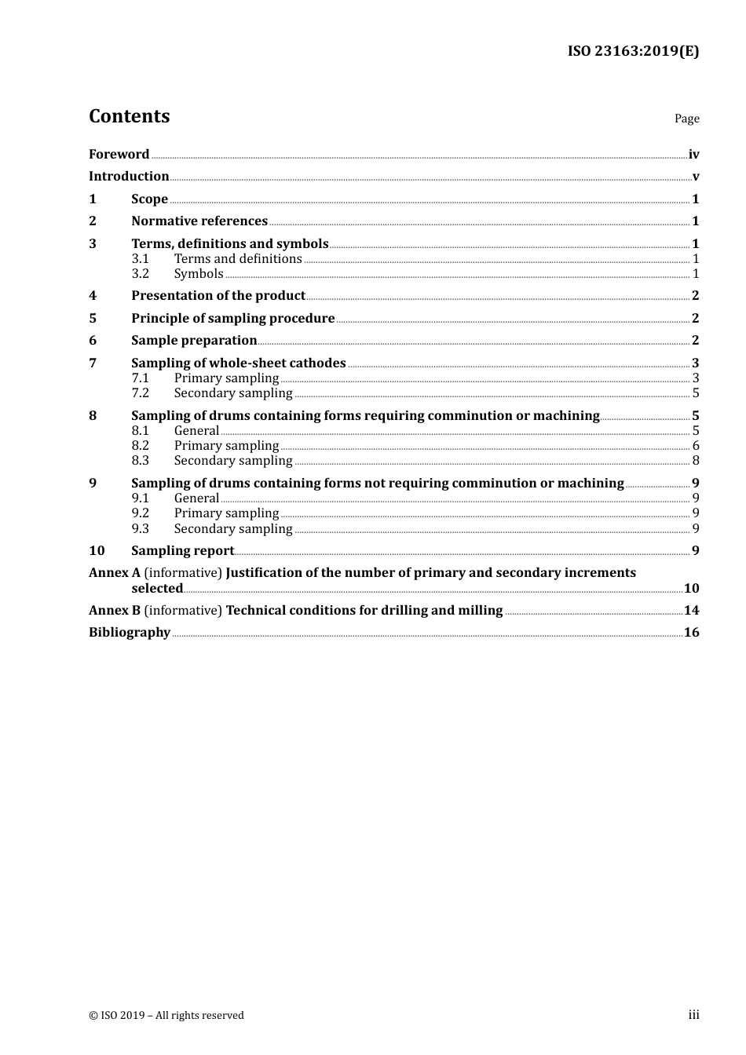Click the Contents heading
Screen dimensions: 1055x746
tap(129, 116)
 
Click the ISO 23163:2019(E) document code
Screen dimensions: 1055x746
tap(633, 51)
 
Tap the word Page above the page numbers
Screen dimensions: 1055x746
tap(686, 119)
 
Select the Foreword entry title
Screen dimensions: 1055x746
tap(119, 155)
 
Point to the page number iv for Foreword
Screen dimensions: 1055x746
tap(693, 155)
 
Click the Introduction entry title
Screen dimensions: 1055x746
tap(129, 177)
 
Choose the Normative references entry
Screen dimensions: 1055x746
tap(199, 221)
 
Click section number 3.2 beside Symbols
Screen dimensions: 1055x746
tap(140, 274)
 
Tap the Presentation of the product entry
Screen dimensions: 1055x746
tap(218, 296)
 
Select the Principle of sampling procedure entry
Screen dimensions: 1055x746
tap(233, 319)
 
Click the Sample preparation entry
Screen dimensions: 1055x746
tap(194, 341)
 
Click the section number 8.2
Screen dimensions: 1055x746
tap(140, 446)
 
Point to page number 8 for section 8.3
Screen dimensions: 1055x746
tap(696, 461)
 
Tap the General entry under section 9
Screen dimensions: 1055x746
tap(196, 498)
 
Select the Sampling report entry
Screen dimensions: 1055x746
tap(183, 551)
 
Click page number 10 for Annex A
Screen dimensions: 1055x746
tap(691, 589)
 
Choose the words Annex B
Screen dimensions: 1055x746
tap(114, 611)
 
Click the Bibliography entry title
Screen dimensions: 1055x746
tap(130, 633)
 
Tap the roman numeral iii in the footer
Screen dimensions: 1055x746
tap(693, 1015)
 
